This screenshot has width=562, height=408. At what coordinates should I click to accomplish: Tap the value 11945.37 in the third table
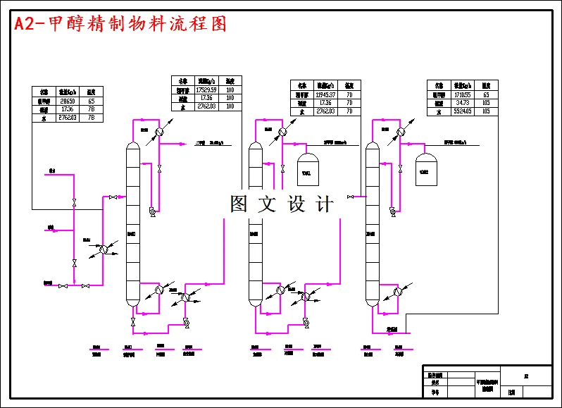[325, 94]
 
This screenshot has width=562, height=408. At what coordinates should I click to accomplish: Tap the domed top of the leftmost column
[132, 145]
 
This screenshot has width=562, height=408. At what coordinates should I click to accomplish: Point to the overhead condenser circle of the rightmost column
[400, 131]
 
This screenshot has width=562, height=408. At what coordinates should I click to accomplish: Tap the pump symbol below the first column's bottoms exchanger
[186, 322]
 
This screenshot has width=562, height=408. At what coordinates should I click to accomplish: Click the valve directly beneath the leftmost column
[132, 322]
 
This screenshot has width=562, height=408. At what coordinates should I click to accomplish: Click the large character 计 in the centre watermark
[325, 204]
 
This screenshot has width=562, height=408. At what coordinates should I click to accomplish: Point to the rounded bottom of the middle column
[255, 303]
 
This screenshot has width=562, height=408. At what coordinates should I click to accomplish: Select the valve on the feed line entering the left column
[113, 197]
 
